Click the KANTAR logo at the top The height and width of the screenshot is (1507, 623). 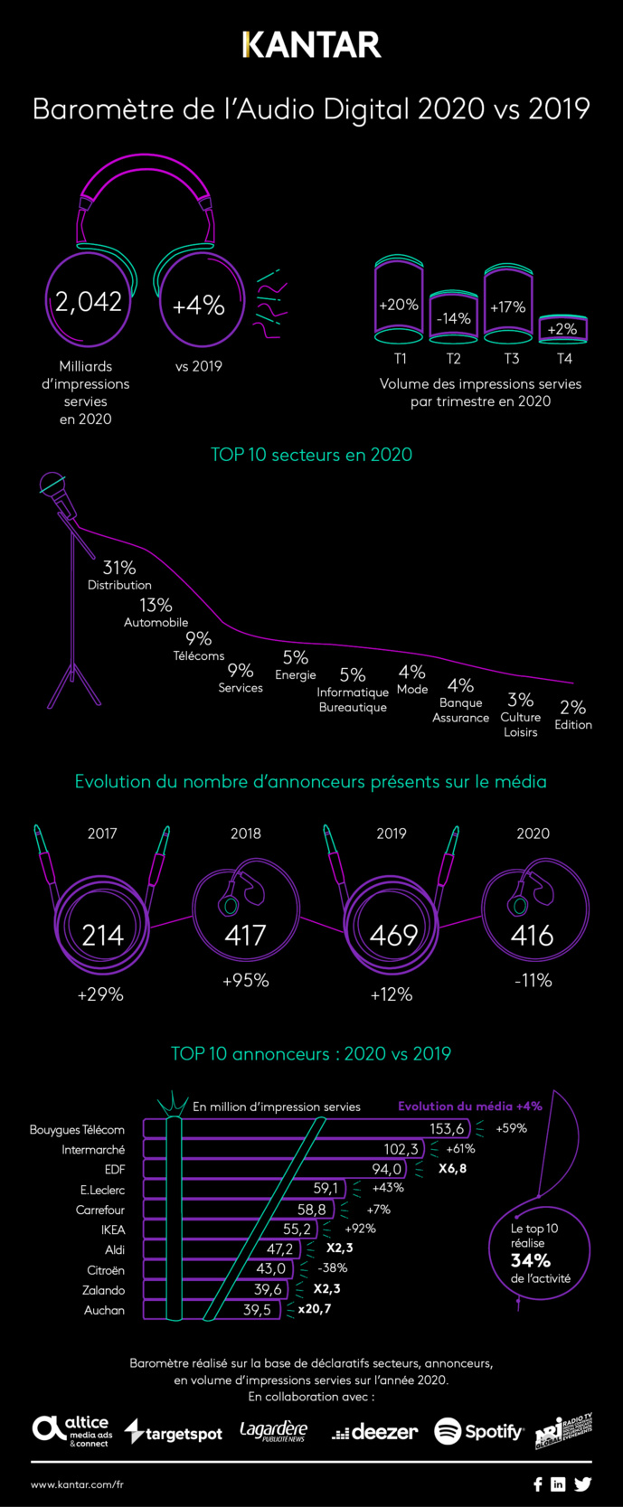click(311, 44)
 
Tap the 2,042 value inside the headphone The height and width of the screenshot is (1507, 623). click(88, 302)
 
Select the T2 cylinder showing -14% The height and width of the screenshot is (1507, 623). click(453, 318)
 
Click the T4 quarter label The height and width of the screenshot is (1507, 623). click(564, 359)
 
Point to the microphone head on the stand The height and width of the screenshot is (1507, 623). click(52, 485)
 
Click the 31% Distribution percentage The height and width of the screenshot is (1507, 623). click(119, 568)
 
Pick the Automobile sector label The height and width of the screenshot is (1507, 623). click(156, 622)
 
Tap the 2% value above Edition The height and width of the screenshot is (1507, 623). click(572, 707)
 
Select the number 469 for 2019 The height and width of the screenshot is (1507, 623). click(393, 935)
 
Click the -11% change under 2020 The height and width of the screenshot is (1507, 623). click(533, 981)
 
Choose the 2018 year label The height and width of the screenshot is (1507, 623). click(246, 834)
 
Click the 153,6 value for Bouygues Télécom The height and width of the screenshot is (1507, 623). click(447, 1128)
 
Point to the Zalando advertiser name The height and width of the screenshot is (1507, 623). click(103, 1290)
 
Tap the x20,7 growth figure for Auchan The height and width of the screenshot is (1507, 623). click(314, 1308)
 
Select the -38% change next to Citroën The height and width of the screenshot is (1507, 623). click(333, 1268)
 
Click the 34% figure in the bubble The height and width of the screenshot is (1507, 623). click(530, 1260)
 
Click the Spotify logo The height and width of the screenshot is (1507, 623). click(478, 1431)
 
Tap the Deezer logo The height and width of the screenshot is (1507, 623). click(374, 1432)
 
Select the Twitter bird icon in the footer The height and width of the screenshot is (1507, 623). click(582, 1483)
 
